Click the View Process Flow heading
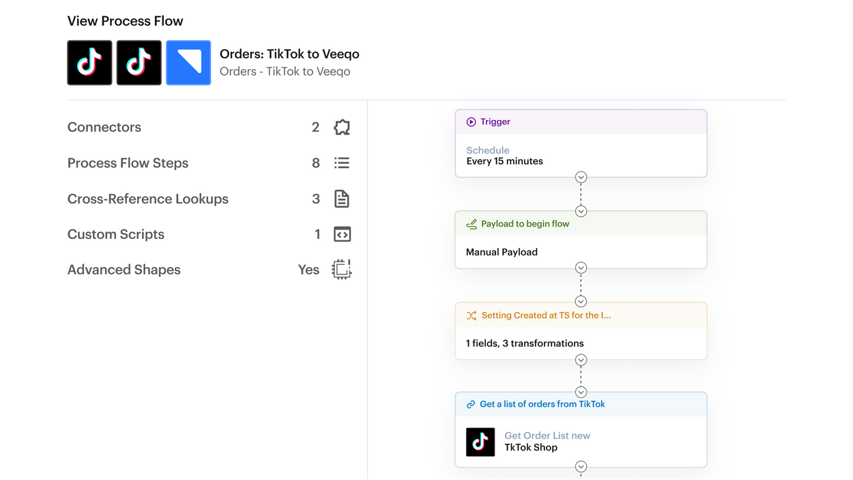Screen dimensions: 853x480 [x=126, y=21]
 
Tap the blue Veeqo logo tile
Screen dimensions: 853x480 [x=188, y=63]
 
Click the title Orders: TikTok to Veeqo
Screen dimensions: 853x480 [x=289, y=54]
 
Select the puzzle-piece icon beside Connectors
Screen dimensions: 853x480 [x=342, y=127]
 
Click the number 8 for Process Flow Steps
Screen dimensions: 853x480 [x=316, y=163]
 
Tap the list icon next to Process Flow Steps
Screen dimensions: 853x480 [x=342, y=163]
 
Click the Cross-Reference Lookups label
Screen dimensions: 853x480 [x=148, y=199]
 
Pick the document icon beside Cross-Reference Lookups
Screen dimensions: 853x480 [x=342, y=199]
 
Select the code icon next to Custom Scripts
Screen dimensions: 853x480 [x=342, y=234]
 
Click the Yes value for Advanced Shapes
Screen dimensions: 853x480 [x=308, y=270]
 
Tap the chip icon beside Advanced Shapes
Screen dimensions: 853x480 [x=342, y=269]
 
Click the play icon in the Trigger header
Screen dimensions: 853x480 [x=471, y=122]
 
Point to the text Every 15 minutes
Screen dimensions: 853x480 [x=504, y=161]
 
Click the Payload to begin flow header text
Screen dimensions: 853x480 [x=525, y=224]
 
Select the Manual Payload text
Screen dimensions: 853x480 [x=502, y=252]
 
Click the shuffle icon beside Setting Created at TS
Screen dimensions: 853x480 [x=472, y=315]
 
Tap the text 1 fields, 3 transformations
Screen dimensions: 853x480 [x=524, y=343]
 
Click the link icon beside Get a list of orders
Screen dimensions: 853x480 [x=471, y=404]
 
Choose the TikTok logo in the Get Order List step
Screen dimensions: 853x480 [x=480, y=442]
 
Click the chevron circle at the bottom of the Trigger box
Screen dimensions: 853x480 [x=581, y=177]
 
